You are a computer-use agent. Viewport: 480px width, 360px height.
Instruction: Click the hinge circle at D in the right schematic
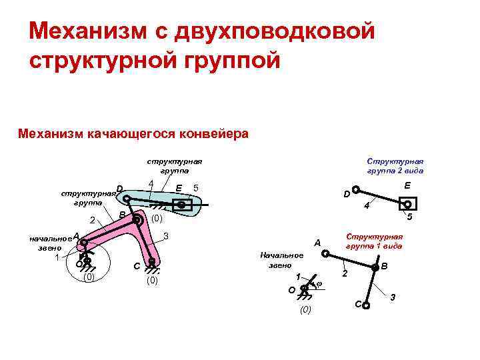(x=356, y=189)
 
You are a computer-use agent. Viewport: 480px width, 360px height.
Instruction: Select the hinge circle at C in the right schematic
(x=365, y=305)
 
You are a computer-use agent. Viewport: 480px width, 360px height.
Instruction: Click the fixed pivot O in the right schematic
(x=304, y=289)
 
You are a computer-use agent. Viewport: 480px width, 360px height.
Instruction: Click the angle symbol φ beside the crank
(x=319, y=285)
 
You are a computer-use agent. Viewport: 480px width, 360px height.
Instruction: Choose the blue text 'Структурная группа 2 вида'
(x=395, y=165)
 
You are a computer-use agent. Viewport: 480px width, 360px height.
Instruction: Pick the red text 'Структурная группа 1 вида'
(x=374, y=241)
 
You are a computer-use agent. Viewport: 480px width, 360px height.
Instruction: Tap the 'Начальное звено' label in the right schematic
(x=282, y=260)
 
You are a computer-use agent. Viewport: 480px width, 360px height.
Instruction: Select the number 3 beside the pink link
(x=166, y=237)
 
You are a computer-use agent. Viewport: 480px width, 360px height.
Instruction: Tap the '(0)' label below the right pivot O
(x=305, y=310)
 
